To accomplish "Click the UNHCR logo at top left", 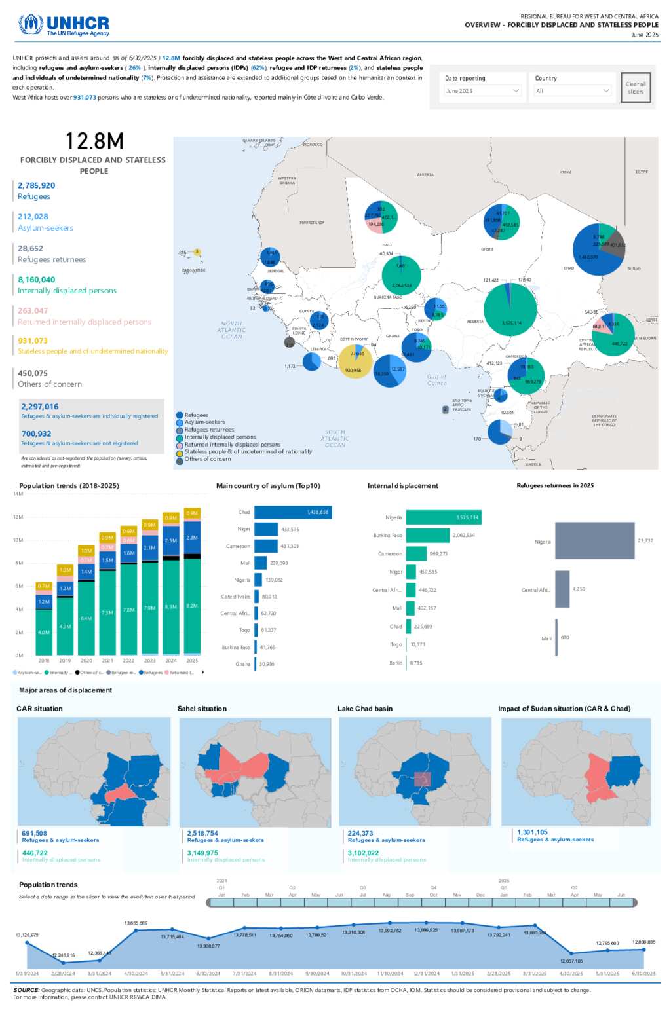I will (x=64, y=25).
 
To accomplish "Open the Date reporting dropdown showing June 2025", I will (x=483, y=91).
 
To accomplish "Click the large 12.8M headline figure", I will (x=94, y=141).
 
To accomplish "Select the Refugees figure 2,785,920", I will (x=36, y=186).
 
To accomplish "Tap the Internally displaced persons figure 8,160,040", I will (x=36, y=280).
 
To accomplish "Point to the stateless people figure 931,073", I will (x=33, y=341).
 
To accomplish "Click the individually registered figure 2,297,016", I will (x=40, y=407).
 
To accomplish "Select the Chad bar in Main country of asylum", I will (x=293, y=512).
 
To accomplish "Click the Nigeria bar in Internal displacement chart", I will (x=444, y=517).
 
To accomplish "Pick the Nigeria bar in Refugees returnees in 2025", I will (x=594, y=541).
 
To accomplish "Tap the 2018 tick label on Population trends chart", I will (x=44, y=661).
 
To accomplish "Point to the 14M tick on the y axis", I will (x=18, y=494).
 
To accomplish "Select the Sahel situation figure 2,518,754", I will (x=202, y=834).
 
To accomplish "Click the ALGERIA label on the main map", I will (x=425, y=175).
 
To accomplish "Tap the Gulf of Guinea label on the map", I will (x=437, y=380).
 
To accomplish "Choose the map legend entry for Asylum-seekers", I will (x=204, y=422).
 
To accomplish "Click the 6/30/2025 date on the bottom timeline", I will (x=643, y=974).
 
